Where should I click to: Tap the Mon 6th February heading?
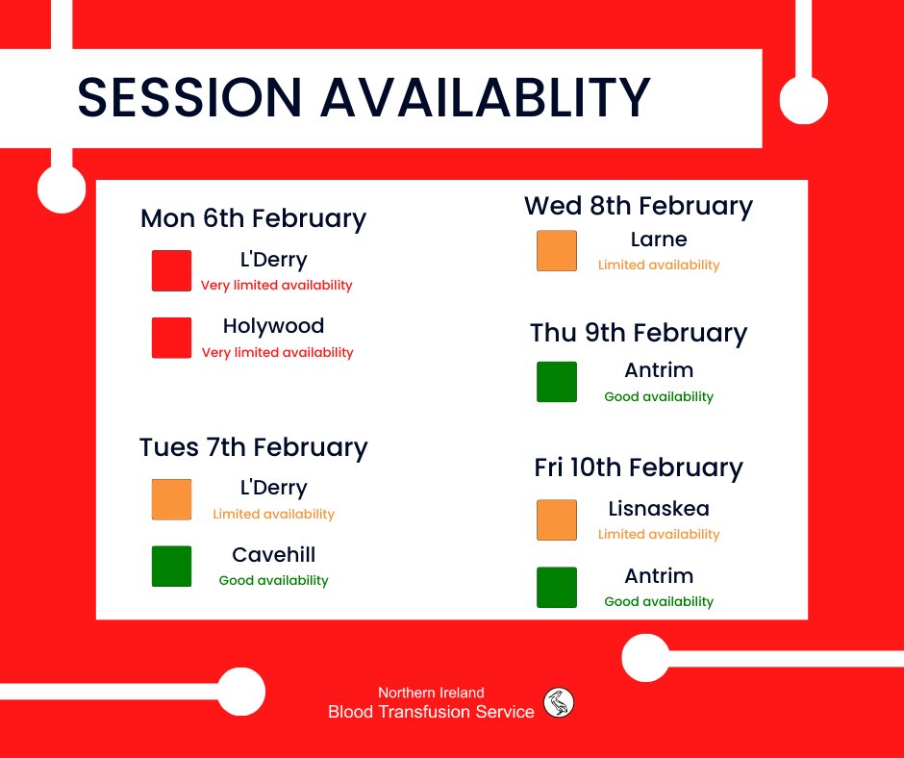(x=253, y=218)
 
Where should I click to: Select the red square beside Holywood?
(x=171, y=339)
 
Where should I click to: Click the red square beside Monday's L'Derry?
(x=171, y=270)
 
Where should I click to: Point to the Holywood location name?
(x=274, y=326)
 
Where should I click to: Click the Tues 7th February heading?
(x=253, y=447)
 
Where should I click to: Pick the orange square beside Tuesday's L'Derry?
(x=171, y=499)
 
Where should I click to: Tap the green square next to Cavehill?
(x=171, y=567)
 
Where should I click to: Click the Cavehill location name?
(x=274, y=555)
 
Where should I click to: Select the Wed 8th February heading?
(x=638, y=206)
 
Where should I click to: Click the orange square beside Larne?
(x=557, y=251)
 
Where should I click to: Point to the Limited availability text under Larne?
(x=659, y=265)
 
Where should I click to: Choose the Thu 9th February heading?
(x=638, y=333)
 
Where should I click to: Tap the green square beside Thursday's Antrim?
(x=557, y=382)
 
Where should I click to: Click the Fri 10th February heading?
(x=638, y=467)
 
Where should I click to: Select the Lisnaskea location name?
(x=659, y=508)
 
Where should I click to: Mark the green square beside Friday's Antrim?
(x=557, y=588)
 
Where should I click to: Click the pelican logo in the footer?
(x=559, y=703)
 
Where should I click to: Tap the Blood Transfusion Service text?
(x=431, y=712)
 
